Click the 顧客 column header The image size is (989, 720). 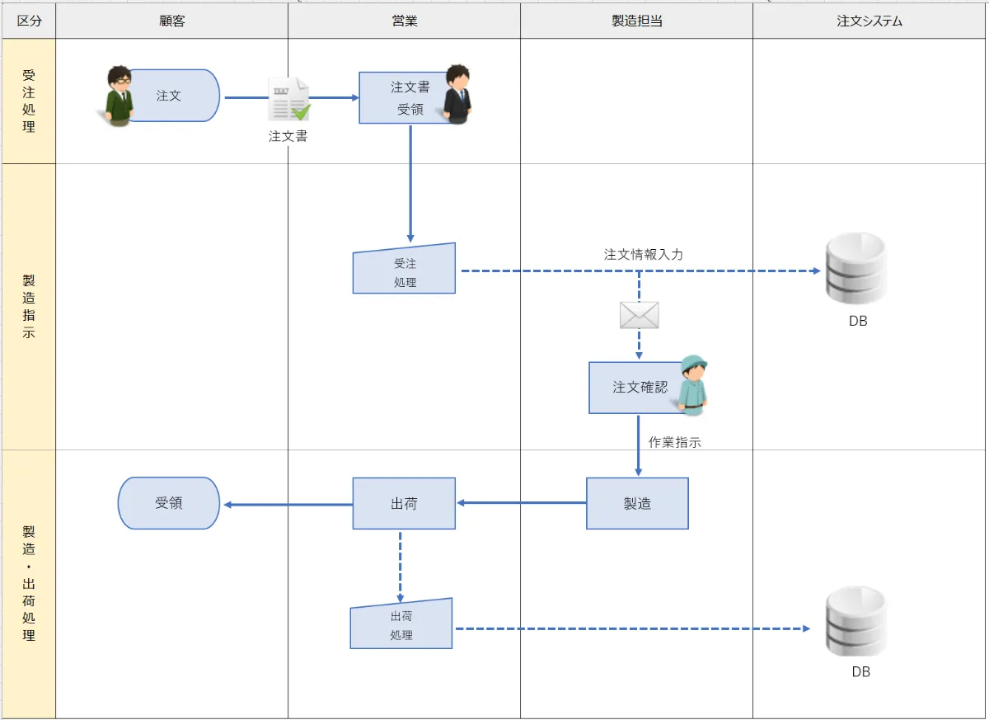(172, 21)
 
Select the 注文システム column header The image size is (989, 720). (869, 21)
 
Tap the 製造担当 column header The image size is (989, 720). (636, 21)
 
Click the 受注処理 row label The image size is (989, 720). (29, 101)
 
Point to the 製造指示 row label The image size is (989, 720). (29, 306)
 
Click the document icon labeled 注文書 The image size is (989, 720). (288, 100)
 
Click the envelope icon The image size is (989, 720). (640, 315)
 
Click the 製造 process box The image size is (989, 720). (637, 503)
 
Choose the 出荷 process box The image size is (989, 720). (404, 503)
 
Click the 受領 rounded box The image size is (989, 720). (169, 503)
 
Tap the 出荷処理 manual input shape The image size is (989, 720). (401, 625)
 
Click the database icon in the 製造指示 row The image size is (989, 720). (856, 269)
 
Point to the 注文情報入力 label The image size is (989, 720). (643, 254)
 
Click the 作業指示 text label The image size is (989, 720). (674, 442)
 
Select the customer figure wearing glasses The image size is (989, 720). (120, 95)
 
